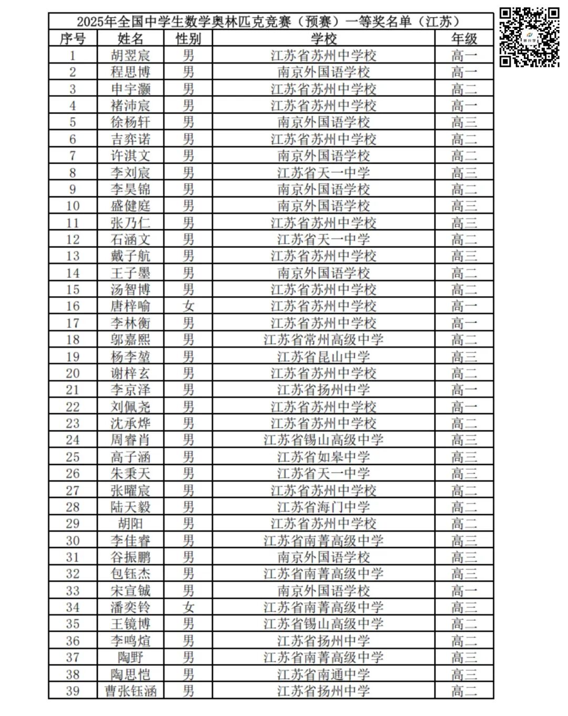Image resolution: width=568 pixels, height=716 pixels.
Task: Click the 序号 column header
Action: (x=73, y=38)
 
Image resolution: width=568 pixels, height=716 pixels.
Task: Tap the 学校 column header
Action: (x=323, y=38)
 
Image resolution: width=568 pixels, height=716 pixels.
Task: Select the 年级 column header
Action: (x=464, y=38)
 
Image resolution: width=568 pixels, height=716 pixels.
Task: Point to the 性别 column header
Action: (x=188, y=38)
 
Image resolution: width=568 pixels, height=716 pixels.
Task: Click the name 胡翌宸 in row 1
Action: (x=130, y=55)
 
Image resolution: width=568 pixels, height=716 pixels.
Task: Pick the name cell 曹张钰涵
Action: (x=130, y=691)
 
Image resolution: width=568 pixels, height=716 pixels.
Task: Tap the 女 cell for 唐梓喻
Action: (x=188, y=306)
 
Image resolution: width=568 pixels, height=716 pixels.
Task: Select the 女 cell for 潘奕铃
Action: (x=188, y=607)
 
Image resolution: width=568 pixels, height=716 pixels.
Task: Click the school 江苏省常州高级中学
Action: (x=323, y=340)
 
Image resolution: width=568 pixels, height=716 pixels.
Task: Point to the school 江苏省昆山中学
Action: (x=323, y=357)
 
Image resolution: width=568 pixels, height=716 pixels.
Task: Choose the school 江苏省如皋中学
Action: (x=323, y=457)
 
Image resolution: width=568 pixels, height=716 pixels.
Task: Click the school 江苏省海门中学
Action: (x=323, y=507)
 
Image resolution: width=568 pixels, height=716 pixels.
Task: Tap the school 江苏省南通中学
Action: (x=323, y=674)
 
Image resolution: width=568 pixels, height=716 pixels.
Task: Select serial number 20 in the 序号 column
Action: (x=73, y=374)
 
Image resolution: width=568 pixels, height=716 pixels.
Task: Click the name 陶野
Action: (x=130, y=657)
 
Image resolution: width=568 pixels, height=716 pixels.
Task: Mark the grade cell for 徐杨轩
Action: (x=464, y=122)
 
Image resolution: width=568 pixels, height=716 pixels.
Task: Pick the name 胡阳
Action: (x=130, y=523)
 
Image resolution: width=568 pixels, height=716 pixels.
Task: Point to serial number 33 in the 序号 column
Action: (x=73, y=591)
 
